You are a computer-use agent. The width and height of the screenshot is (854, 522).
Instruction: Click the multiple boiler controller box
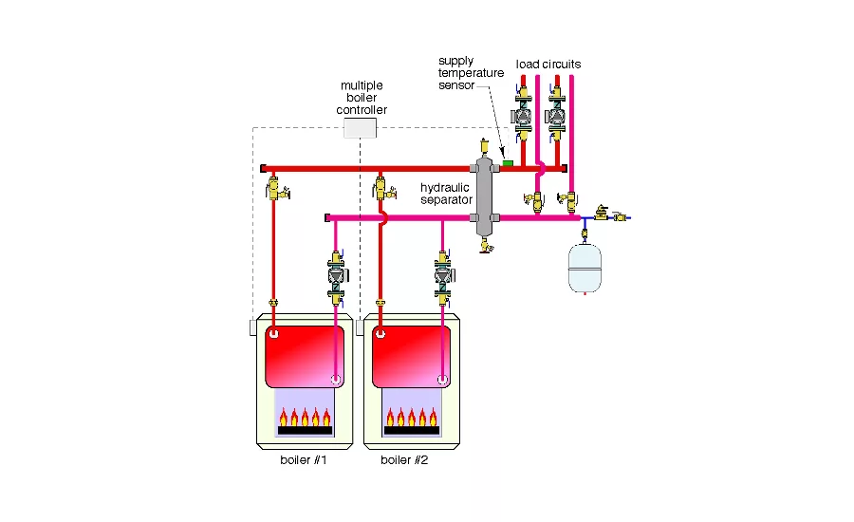coord(360,128)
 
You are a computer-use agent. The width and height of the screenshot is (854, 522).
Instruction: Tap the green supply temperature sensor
coord(508,163)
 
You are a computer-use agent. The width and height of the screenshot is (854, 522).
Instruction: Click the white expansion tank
coord(585,268)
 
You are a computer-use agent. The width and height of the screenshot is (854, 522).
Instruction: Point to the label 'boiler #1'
coord(304,460)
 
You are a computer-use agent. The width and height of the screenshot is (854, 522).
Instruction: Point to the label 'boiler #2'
coord(404,460)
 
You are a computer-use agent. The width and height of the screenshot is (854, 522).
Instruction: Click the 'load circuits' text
coord(548,64)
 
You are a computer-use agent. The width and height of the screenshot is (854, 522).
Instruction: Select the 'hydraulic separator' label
coord(446,194)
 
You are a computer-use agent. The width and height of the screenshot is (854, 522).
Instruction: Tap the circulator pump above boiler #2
coord(443,276)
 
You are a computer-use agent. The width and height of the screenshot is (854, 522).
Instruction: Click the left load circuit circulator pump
coord(522,116)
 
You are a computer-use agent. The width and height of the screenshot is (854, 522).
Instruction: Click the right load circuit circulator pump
coord(555,116)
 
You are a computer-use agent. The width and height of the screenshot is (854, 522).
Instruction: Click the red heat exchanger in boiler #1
coord(305,356)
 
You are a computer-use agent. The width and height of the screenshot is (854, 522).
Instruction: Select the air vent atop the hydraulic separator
coord(484,147)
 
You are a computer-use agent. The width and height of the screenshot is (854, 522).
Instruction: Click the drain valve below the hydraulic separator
coord(486,245)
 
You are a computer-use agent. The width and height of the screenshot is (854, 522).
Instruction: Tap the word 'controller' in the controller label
coord(362,109)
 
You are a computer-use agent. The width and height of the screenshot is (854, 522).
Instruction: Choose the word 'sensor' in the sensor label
coord(456,85)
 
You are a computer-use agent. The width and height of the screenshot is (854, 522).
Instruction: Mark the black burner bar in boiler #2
coord(411,431)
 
